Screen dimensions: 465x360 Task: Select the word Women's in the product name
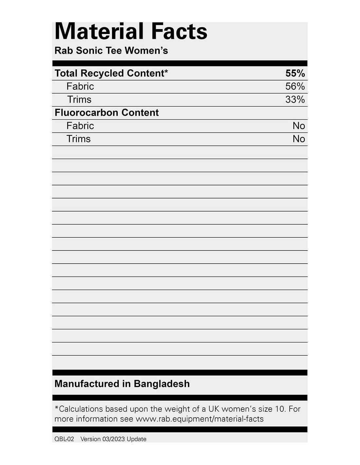click(x=146, y=51)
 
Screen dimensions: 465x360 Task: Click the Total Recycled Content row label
click(x=111, y=73)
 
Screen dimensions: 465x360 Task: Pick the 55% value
click(x=295, y=73)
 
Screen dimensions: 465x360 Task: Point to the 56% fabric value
click(x=295, y=86)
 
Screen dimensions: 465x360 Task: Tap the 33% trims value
click(x=295, y=99)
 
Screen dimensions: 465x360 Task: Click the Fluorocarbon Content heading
click(x=106, y=112)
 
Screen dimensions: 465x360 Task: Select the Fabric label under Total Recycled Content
click(x=80, y=86)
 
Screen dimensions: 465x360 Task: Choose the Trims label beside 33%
click(x=79, y=99)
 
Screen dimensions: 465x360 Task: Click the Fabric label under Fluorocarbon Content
click(x=80, y=126)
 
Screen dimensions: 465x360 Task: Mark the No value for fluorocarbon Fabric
click(x=298, y=126)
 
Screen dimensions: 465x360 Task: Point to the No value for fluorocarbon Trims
click(x=298, y=139)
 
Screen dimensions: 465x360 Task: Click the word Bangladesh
click(x=162, y=384)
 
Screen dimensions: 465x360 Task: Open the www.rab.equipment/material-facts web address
click(x=200, y=419)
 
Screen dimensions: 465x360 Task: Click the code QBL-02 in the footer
click(x=64, y=439)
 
